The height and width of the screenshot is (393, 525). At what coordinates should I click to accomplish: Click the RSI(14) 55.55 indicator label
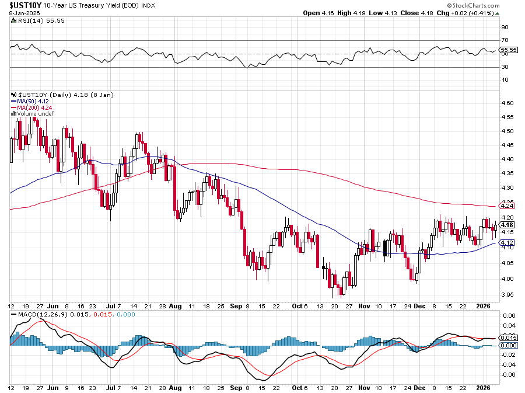coord(36,20)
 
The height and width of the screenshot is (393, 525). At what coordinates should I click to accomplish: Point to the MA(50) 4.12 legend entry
coord(32,100)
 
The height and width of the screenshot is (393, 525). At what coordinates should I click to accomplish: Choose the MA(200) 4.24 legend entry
coord(33,107)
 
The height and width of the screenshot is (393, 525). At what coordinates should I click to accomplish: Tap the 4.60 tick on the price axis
coord(508,103)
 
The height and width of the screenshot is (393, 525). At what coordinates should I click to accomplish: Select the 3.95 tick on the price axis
coord(508,294)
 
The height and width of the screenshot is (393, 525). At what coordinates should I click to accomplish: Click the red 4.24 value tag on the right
coord(508,206)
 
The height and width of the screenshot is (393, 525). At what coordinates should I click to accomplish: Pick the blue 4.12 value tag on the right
coord(508,242)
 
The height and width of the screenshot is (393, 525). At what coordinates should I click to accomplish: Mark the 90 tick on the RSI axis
coord(505,27)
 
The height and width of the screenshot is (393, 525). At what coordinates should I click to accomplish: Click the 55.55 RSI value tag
coord(509,50)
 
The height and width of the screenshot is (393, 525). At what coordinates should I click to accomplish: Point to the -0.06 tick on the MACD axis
coord(508,375)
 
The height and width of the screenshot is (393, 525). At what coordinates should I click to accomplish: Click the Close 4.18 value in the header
coord(430,12)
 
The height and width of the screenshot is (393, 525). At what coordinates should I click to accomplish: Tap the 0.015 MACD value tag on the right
coord(509,338)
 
